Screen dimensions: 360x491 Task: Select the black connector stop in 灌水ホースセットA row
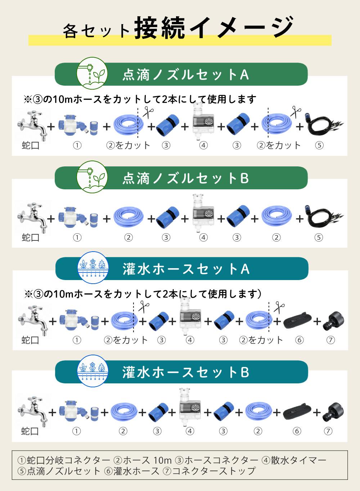tap(333, 322)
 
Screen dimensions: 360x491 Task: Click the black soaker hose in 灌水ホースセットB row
tap(295, 412)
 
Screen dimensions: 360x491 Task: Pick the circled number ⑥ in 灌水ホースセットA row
tap(299, 340)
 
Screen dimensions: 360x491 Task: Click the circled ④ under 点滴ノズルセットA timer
tap(203, 145)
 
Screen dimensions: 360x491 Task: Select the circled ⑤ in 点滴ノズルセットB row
tap(319, 237)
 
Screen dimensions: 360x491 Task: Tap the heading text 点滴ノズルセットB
tap(186, 178)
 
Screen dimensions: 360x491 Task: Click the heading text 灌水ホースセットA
tap(186, 269)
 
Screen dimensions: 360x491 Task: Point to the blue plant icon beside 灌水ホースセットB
tap(93, 371)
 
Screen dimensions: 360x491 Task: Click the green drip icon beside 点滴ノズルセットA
tap(92, 73)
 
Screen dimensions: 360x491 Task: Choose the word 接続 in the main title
tap(160, 28)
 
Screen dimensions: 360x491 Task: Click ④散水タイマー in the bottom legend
tap(294, 460)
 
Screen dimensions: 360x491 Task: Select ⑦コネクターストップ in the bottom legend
tap(209, 471)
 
